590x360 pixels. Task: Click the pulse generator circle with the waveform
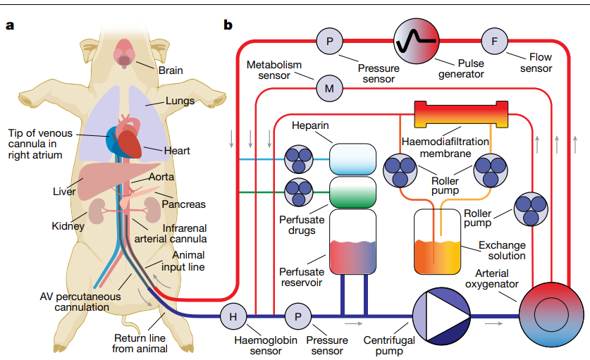[416, 41]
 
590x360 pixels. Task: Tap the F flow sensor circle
[494, 41]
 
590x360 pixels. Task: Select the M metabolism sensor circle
[329, 89]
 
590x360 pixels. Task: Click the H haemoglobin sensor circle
[233, 316]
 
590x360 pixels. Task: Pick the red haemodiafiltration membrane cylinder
[462, 114]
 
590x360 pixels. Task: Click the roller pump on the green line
[297, 190]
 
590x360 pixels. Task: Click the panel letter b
[228, 26]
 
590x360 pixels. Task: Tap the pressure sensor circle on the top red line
[329, 41]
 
